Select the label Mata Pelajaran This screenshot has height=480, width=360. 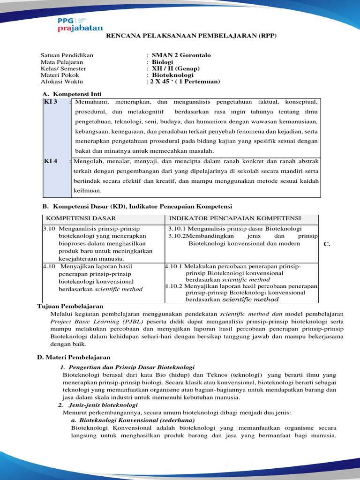click(62, 62)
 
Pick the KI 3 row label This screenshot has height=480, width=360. click(51, 102)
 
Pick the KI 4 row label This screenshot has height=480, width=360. click(51, 161)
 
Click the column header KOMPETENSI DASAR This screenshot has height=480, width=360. click(81, 218)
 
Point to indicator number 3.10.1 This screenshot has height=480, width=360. click(177, 228)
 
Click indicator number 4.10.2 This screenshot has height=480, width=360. click(174, 286)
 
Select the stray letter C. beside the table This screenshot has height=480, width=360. click(327, 244)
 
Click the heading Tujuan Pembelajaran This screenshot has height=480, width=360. click(70, 306)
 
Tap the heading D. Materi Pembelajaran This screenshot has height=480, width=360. click(74, 358)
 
